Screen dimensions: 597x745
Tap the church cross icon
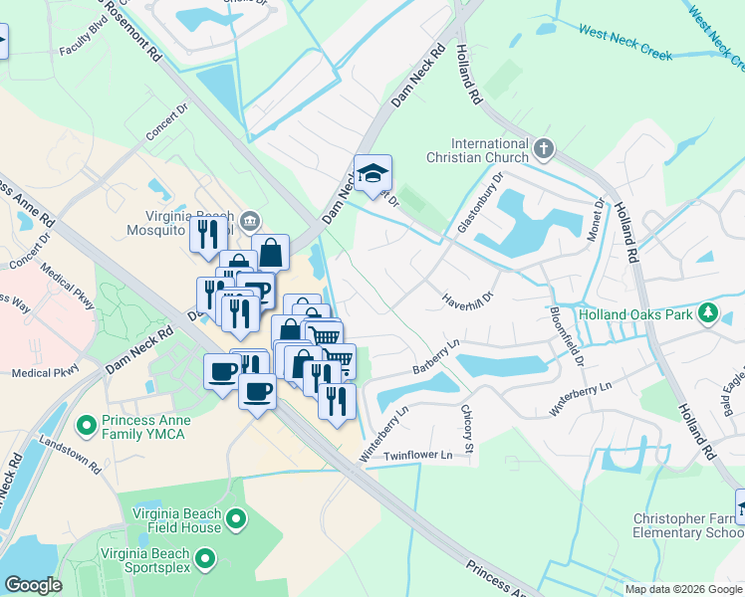click(x=543, y=150)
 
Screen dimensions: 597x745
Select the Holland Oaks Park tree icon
click(x=708, y=314)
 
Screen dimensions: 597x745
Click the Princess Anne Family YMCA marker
click(x=87, y=427)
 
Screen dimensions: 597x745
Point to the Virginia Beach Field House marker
click(x=236, y=518)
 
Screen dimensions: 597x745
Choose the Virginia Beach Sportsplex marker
click(x=206, y=560)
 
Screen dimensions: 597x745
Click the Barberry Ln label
click(x=435, y=357)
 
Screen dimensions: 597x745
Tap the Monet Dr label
click(x=600, y=217)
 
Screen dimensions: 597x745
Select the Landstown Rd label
click(x=69, y=454)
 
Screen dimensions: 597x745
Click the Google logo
click(x=33, y=585)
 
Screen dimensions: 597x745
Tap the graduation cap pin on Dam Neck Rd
click(x=372, y=173)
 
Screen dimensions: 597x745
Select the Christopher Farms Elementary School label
click(x=686, y=526)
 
